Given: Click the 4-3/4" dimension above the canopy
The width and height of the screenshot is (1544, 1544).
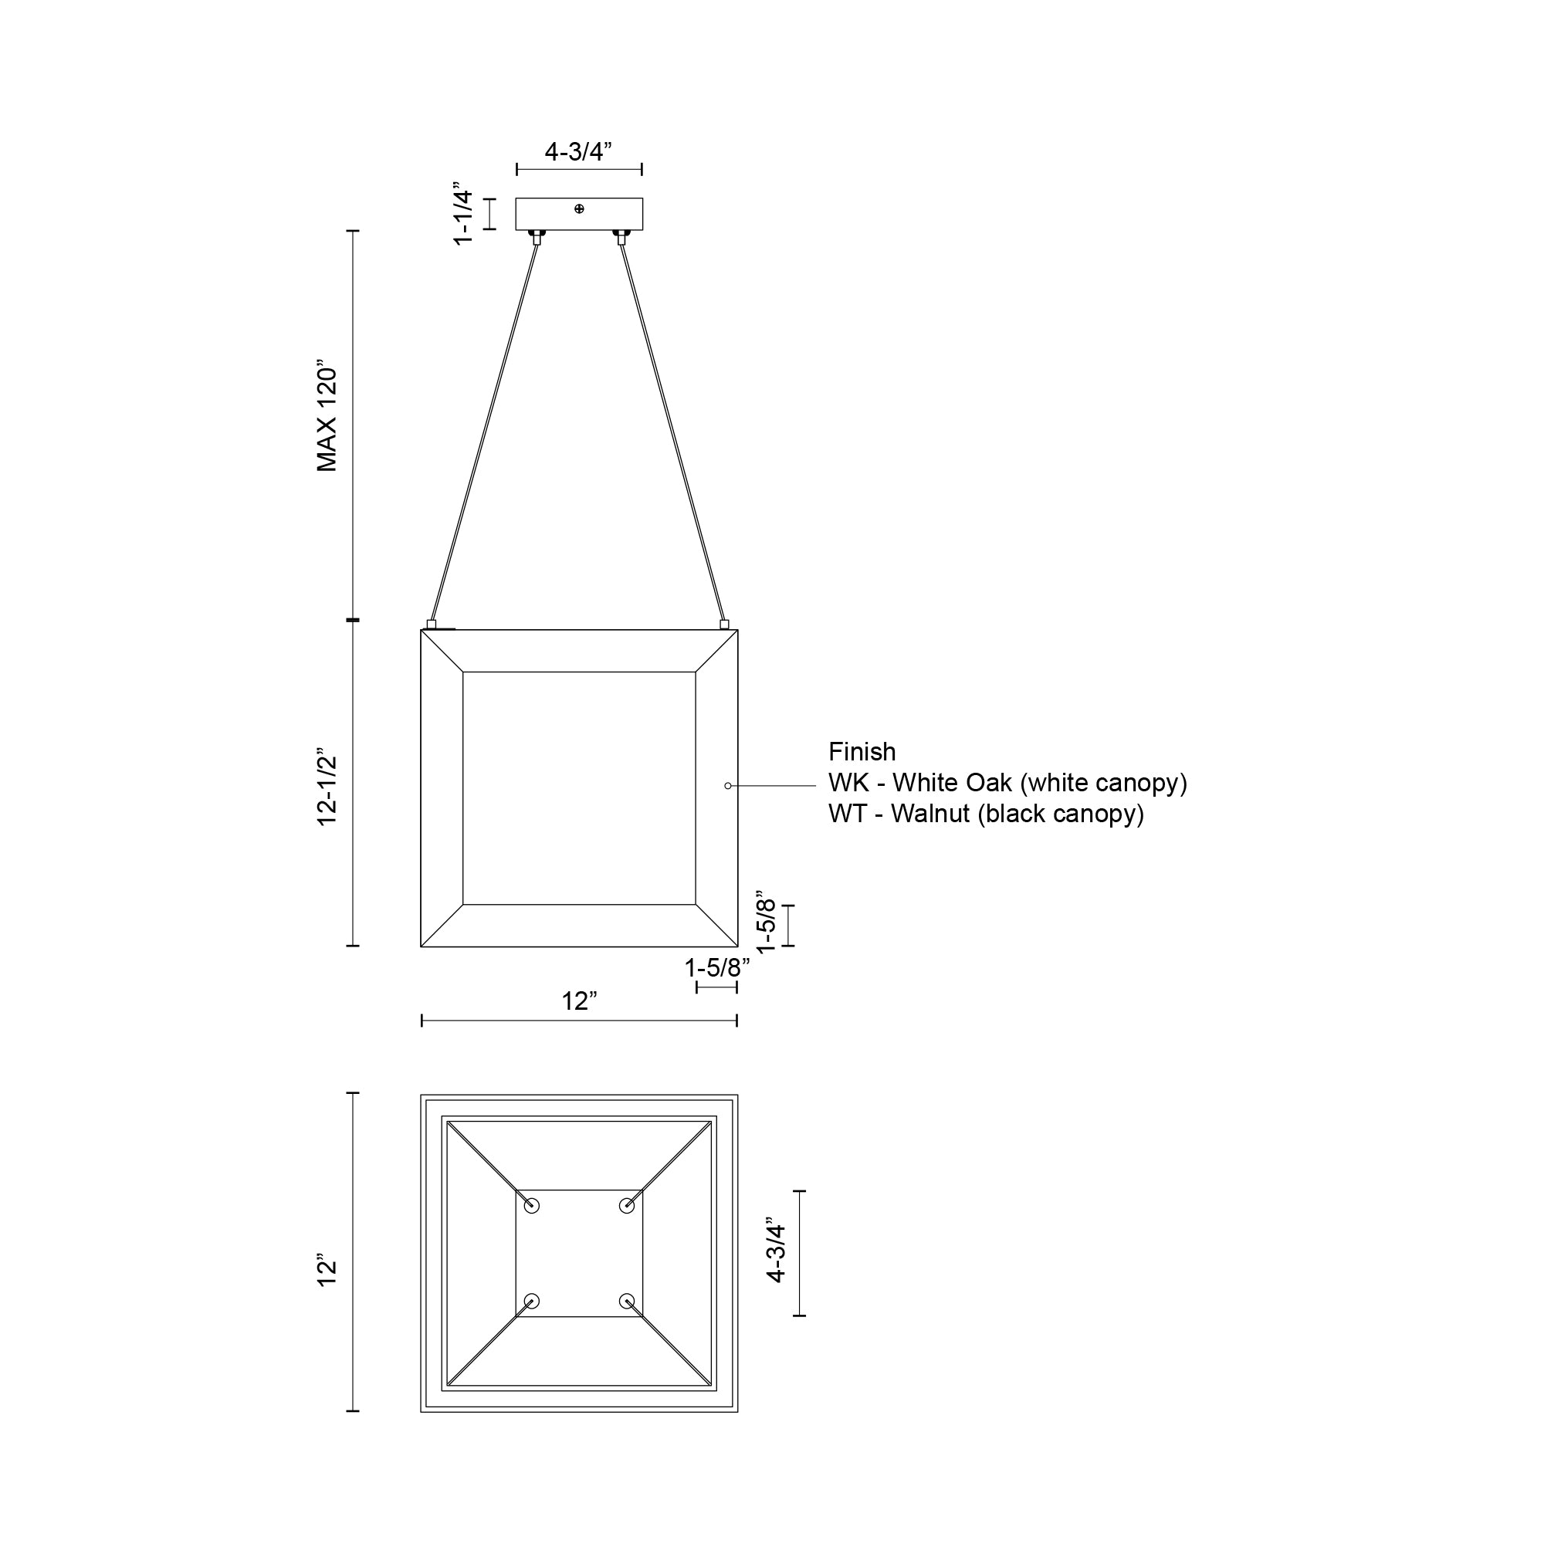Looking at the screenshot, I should coord(577,152).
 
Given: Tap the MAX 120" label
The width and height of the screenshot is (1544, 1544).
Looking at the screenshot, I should coord(327,419).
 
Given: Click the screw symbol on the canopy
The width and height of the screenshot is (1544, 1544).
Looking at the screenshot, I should coord(580,208).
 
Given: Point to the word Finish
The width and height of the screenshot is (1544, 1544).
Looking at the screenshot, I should coord(862,752).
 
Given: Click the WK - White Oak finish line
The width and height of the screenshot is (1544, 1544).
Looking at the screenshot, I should coord(1007,782).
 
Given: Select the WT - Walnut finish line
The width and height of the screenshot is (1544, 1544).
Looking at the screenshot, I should coord(985,814).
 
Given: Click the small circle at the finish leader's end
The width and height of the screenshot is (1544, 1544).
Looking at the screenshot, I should coord(727,786).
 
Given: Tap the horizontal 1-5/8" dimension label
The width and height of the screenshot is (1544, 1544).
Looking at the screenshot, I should coord(717,968).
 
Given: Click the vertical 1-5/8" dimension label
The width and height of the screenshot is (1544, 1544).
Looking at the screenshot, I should coord(766,923).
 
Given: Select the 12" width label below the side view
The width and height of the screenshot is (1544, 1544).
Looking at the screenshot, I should coord(578,1001).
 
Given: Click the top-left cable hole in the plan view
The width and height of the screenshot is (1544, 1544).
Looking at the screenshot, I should coord(531,1206).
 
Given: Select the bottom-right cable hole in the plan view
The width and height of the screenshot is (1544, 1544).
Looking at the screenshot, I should coord(627,1301).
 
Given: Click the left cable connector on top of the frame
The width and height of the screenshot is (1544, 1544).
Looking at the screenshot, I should coord(432,624).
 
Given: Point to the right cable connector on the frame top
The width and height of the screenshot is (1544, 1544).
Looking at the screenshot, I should coord(725,624).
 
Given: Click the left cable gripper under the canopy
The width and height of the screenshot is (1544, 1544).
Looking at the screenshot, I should coord(537,236).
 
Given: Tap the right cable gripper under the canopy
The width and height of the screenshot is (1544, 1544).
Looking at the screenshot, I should coord(621,236).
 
